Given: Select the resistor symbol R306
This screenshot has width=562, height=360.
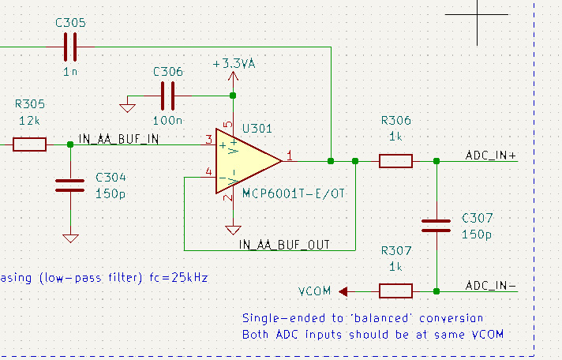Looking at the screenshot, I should [x=395, y=161].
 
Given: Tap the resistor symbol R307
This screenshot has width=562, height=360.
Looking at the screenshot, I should [x=395, y=291].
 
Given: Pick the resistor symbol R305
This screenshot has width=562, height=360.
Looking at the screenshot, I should [x=29, y=144].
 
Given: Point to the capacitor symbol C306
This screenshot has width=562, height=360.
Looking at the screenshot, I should [x=168, y=96].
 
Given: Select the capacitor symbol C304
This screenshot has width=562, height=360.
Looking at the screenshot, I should [x=70, y=186].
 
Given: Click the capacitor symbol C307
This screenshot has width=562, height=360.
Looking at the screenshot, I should [x=436, y=226].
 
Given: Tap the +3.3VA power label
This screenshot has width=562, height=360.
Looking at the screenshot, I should [x=232, y=63].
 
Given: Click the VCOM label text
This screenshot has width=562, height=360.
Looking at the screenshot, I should [x=315, y=291].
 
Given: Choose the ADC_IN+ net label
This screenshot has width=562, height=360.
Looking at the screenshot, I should [x=491, y=156].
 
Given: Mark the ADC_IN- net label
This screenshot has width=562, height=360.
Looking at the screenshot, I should [x=491, y=285].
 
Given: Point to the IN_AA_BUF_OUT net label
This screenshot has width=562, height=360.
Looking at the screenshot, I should [x=284, y=245].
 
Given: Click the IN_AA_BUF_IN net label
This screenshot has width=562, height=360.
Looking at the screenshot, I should [x=118, y=140].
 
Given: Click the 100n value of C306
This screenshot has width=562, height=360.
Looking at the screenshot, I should [x=168, y=121].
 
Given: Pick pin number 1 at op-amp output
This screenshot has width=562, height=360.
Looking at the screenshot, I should [x=290, y=156].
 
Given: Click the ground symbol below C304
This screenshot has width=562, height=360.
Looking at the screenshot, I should [x=70, y=237].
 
